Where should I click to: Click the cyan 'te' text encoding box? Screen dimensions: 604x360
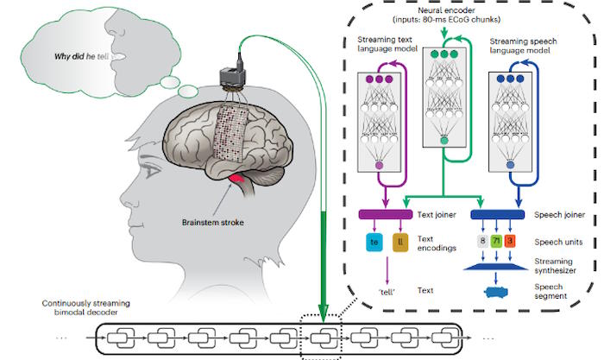(x=374, y=243)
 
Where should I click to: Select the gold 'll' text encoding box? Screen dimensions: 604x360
(x=400, y=243)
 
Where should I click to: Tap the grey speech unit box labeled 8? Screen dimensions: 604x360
(x=482, y=241)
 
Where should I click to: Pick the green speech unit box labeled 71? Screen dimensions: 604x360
(x=496, y=241)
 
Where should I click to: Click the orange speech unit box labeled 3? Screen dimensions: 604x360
(x=510, y=241)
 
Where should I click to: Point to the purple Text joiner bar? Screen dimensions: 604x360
(x=386, y=214)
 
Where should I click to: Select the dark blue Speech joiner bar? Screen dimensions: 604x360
(x=497, y=214)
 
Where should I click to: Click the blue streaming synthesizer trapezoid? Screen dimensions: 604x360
(x=495, y=267)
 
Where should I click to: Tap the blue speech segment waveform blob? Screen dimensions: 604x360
(x=495, y=292)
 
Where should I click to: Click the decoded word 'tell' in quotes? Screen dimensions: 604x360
(x=387, y=292)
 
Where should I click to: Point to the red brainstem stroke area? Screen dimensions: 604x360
(x=237, y=179)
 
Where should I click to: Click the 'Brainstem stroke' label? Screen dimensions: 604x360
(x=212, y=223)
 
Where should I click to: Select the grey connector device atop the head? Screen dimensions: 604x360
(x=233, y=75)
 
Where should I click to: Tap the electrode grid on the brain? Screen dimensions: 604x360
(x=230, y=133)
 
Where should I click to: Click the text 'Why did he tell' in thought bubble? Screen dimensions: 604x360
(x=82, y=56)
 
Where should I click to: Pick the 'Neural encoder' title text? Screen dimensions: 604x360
(x=446, y=10)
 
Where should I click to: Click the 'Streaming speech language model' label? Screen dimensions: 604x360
(x=523, y=46)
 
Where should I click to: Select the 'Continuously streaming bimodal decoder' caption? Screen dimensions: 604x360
(x=86, y=307)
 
